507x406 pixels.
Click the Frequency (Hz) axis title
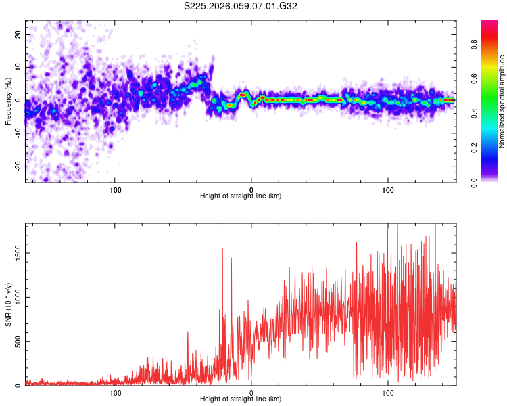[8, 101]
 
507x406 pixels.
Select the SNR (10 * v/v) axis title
[8, 304]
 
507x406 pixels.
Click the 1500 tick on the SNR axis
[15, 253]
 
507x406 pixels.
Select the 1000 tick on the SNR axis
[15, 297]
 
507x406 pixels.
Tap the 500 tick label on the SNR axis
[17, 342]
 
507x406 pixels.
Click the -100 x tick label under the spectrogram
[114, 189]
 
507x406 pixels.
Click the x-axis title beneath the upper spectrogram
[241, 196]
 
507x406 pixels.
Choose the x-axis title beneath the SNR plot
[241, 399]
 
